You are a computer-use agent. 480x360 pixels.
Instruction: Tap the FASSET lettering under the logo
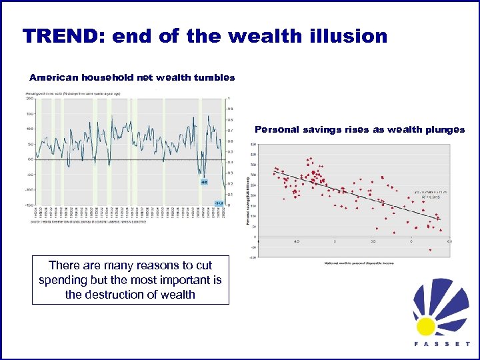point(440,345)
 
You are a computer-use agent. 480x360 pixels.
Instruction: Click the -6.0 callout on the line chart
point(205,181)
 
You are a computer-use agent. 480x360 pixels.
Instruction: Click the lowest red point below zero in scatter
point(430,250)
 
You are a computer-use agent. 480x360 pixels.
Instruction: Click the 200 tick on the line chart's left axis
point(30,99)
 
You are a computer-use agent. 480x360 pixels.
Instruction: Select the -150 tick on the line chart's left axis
point(29,205)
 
